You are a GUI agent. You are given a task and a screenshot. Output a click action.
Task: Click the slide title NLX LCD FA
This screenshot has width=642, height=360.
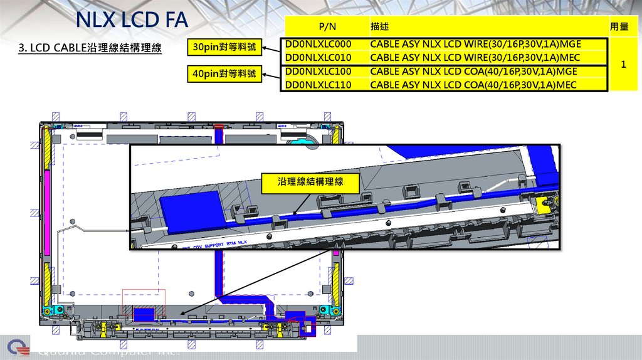[132, 20]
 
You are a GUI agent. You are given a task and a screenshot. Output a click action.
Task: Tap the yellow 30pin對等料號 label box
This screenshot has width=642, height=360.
[224, 47]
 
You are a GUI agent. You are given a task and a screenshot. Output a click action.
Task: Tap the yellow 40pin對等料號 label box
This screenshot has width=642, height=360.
[224, 74]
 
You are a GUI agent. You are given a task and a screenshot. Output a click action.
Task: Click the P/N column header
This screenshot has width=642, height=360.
[327, 27]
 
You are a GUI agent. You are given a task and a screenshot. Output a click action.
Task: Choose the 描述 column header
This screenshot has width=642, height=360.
[379, 27]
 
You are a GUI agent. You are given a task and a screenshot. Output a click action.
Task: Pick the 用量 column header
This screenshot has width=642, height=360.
[619, 27]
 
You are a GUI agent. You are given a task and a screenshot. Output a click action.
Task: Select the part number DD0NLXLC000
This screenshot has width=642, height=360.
[318, 45]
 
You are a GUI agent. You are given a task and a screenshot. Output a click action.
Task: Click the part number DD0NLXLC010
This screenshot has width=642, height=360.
[318, 58]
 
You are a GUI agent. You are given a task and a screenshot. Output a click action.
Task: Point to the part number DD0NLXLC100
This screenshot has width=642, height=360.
[318, 71]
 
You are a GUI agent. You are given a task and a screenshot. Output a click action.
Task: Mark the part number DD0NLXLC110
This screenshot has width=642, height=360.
[318, 85]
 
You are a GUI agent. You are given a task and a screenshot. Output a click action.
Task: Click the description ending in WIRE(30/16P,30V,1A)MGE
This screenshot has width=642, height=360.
[475, 45]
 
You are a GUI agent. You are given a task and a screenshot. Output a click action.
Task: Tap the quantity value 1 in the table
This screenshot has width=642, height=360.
[623, 65]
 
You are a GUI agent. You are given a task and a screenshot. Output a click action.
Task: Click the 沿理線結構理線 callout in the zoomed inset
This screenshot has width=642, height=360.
[311, 183]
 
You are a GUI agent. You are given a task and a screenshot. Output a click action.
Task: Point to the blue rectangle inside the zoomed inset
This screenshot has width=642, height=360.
[191, 204]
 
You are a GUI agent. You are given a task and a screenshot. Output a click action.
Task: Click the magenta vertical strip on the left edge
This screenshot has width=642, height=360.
[46, 212]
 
